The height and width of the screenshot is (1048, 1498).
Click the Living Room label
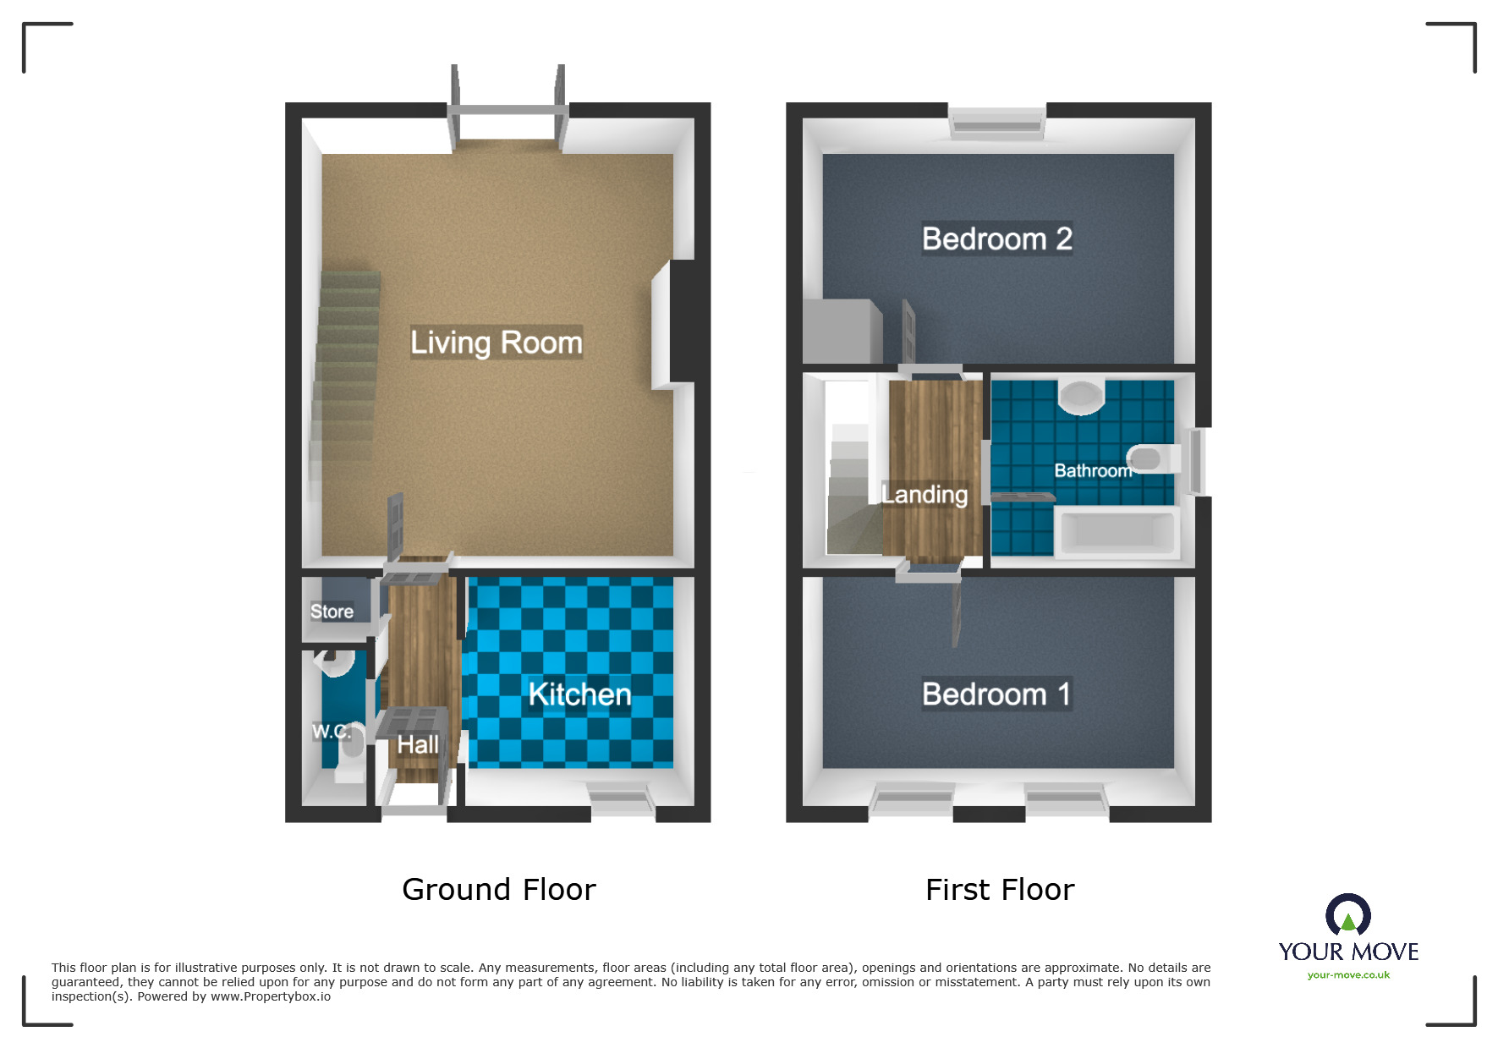(x=497, y=343)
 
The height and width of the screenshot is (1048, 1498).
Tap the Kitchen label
(x=579, y=694)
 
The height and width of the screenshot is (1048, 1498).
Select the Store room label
(x=332, y=612)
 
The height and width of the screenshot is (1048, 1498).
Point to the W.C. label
(x=331, y=732)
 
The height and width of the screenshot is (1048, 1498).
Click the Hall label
(x=418, y=745)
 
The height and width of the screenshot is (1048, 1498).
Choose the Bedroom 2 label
(x=996, y=239)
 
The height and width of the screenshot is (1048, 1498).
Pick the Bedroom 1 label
(x=996, y=694)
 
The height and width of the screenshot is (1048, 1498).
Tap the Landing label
(x=925, y=495)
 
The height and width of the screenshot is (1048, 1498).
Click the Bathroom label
(x=1092, y=471)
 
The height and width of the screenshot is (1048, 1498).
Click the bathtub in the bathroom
(x=1118, y=532)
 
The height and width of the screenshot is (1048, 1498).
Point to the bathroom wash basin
(x=1082, y=396)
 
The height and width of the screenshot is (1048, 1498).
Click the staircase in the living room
(x=347, y=372)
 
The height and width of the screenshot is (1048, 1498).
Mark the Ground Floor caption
(x=498, y=890)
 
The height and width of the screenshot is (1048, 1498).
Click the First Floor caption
(x=999, y=890)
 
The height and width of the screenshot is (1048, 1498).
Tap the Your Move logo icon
(x=1347, y=915)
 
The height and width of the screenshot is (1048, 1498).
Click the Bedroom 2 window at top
(x=996, y=123)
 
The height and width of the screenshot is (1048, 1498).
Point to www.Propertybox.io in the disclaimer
(x=271, y=996)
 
